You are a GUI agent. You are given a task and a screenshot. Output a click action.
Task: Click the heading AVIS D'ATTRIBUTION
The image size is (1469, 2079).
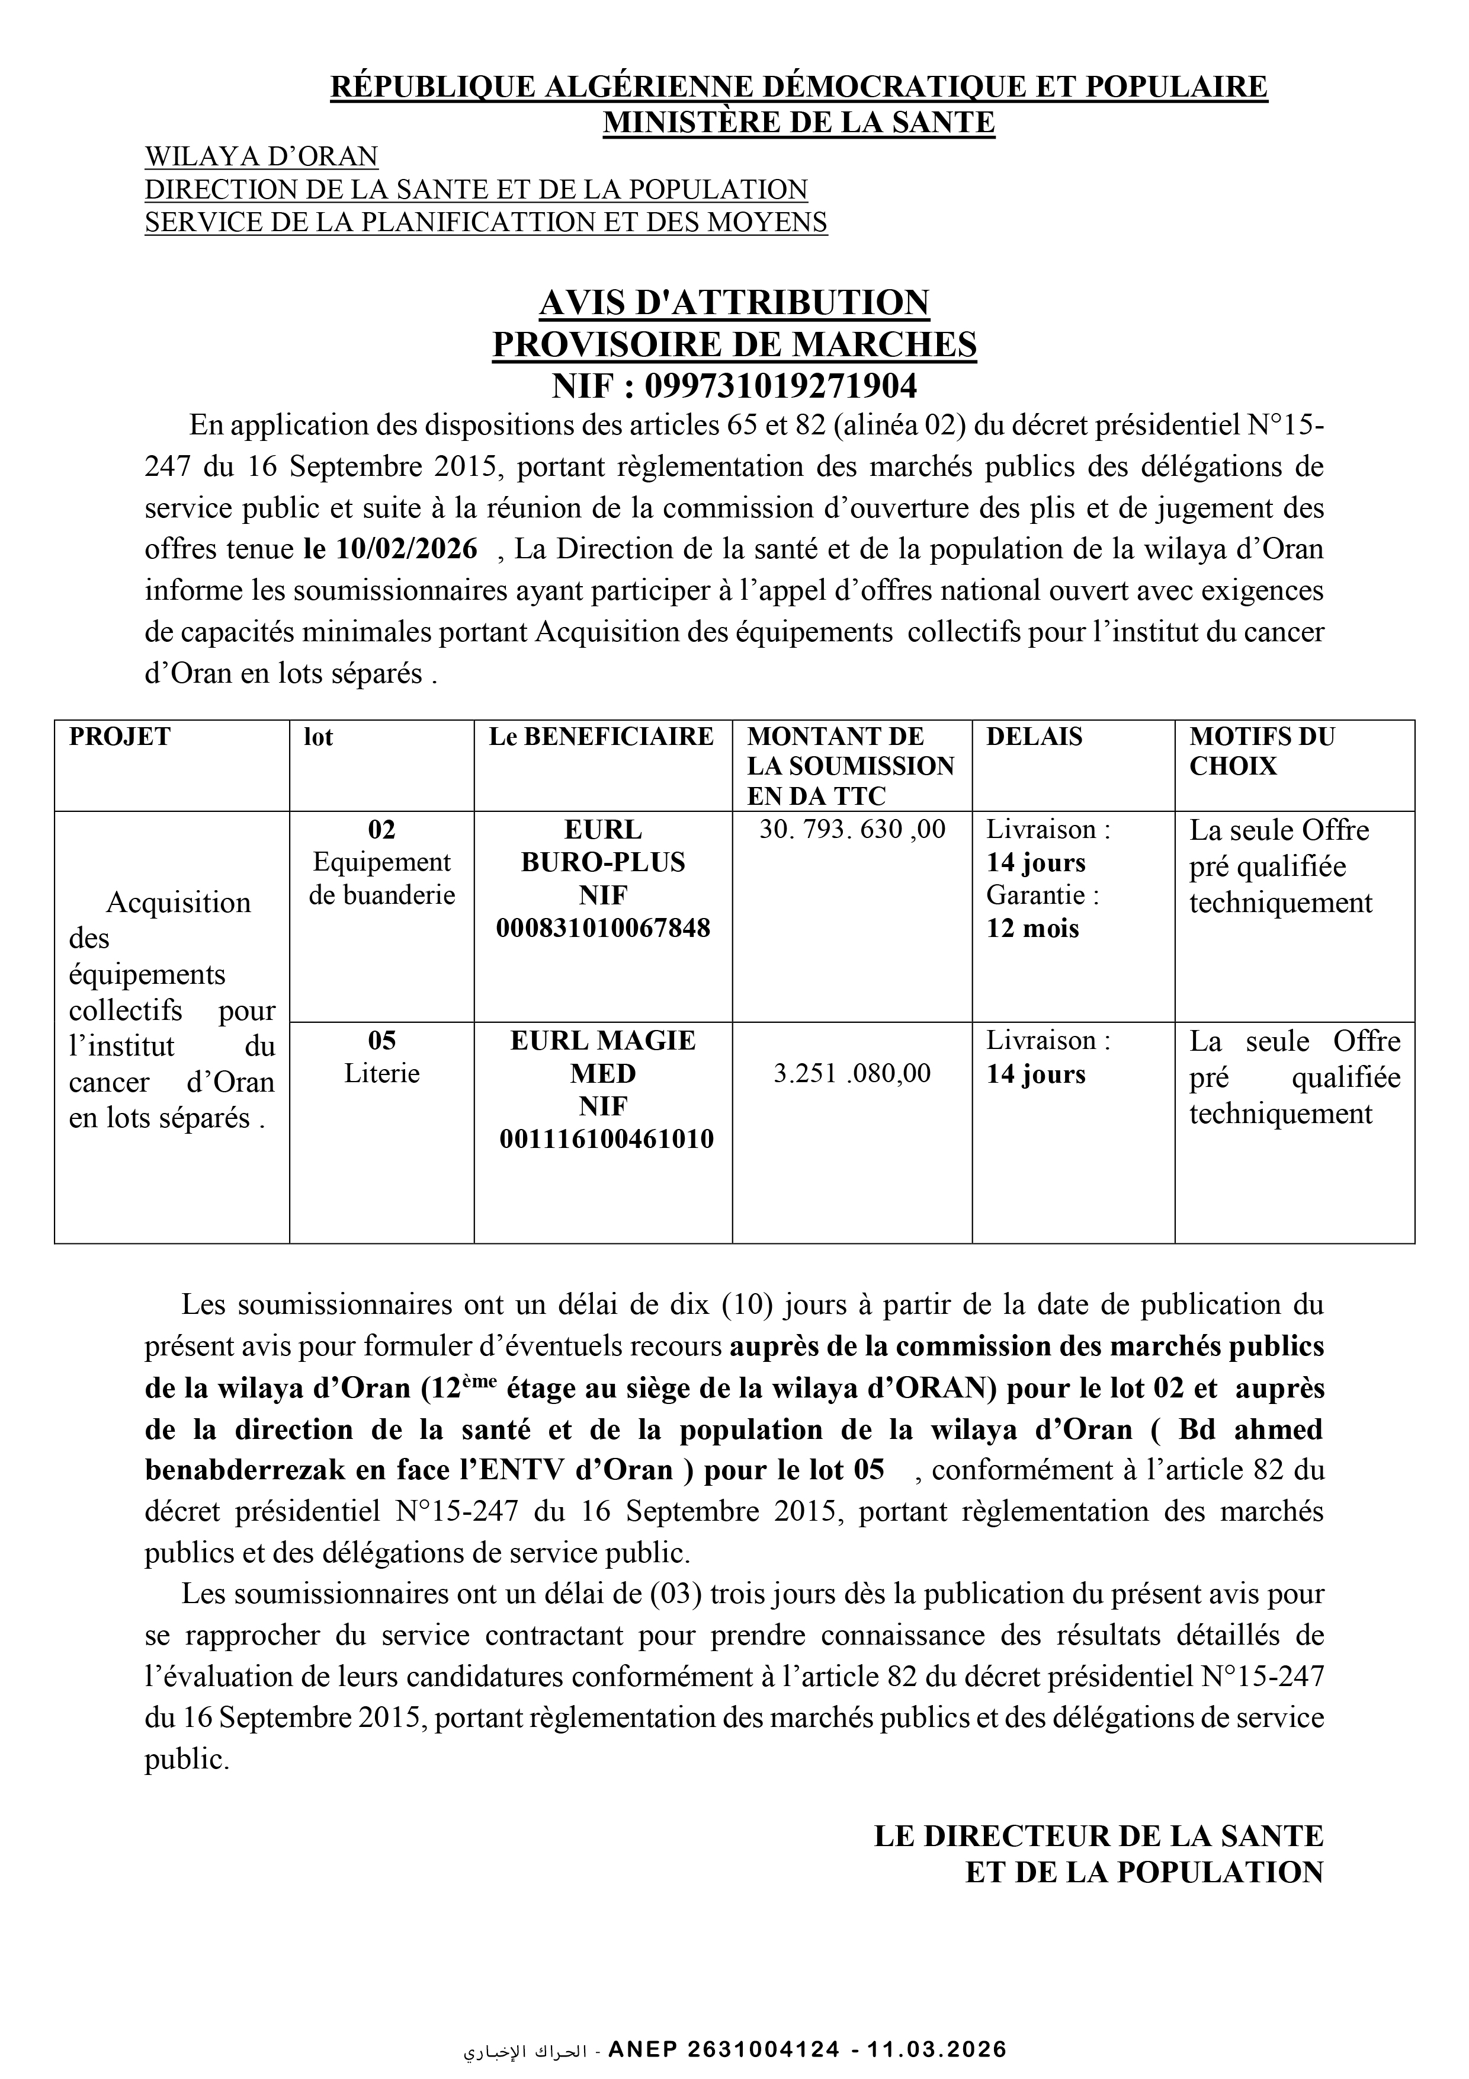tap(734, 302)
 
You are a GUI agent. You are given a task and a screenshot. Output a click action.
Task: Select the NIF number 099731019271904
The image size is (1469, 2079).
tap(780, 386)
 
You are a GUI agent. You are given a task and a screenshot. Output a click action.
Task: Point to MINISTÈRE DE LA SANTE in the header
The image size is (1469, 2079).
tap(798, 121)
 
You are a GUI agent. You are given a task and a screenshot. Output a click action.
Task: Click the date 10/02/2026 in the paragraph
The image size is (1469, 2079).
tap(406, 549)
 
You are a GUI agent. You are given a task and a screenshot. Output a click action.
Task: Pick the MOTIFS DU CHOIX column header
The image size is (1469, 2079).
tap(1262, 751)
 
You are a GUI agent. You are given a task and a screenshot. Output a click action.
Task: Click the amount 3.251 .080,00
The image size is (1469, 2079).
tap(852, 1074)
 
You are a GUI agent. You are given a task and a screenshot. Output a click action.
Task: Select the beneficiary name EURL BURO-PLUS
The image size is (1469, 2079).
tap(603, 846)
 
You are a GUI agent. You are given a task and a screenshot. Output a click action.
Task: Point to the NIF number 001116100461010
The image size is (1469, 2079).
tap(607, 1139)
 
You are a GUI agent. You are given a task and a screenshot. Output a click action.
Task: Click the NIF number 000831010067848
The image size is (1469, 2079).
tap(603, 928)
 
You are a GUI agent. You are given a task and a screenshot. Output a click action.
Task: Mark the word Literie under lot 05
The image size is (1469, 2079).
tap(382, 1074)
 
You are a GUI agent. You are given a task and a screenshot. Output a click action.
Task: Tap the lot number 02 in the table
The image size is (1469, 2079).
tap(382, 830)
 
